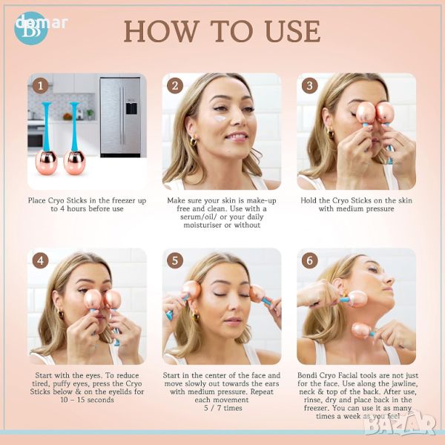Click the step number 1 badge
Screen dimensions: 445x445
tap(40, 85)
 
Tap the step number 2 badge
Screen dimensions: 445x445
tap(175, 85)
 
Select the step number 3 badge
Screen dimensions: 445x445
tap(309, 85)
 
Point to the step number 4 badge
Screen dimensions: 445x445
tap(40, 260)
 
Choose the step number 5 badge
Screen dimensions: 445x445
tap(175, 260)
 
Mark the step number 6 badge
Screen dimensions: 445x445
tap(309, 260)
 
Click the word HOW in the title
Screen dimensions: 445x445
tap(162, 31)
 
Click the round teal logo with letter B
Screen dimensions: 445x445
tap(30, 28)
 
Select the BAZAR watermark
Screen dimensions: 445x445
tap(400, 424)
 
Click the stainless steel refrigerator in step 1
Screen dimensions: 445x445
tap(120, 117)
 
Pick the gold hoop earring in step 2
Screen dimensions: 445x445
tap(193, 141)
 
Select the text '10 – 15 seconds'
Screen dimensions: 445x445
tap(87, 400)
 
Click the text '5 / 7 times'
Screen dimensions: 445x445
tap(222, 408)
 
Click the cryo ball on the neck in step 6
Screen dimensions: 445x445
tap(361, 331)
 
